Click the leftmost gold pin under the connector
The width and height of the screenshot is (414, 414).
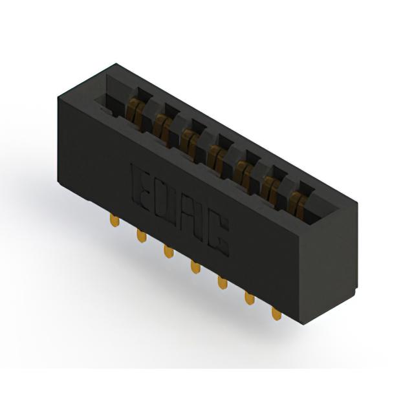coord(114,220)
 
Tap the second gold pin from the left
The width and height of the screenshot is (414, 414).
coord(142,235)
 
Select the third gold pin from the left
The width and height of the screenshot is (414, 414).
coord(168,252)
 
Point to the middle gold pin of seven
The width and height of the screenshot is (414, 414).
coord(195,267)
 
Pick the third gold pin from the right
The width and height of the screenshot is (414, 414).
coord(223,283)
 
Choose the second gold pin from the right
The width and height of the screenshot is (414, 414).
coord(250,298)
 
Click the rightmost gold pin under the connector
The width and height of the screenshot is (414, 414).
coord(276,314)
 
